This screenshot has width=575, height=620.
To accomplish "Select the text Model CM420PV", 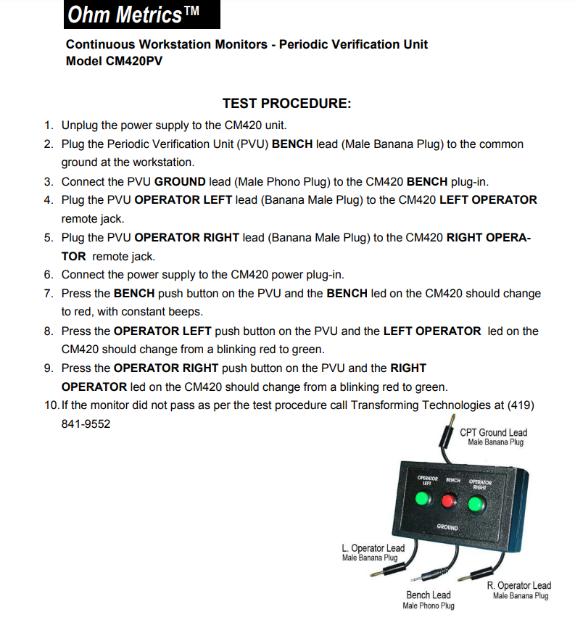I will coord(114,62).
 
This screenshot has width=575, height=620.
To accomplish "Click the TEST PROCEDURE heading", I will coord(286,104).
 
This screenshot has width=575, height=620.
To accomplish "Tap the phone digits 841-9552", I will coord(86,423).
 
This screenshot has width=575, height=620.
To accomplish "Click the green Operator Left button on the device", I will coord(423,499).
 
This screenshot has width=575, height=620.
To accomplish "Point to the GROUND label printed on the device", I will coord(447,527).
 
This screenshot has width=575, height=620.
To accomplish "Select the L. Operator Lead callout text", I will coord(373,548).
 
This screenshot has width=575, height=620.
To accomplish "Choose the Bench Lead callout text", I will coord(428,595).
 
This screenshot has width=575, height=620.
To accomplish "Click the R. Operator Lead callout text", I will coord(519,586).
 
